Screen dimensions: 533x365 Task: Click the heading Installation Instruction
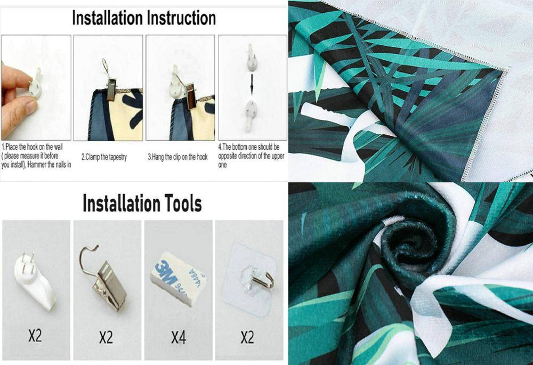point(144,18)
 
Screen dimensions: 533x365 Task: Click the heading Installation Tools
point(142,204)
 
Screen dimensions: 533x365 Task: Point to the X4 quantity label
point(179,338)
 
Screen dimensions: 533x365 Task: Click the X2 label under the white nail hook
point(35,336)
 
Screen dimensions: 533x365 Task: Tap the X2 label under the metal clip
point(106,338)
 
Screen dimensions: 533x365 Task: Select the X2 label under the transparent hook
point(247,337)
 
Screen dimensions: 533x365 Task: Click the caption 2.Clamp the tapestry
point(104,157)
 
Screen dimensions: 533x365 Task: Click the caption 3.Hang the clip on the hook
point(177,157)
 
